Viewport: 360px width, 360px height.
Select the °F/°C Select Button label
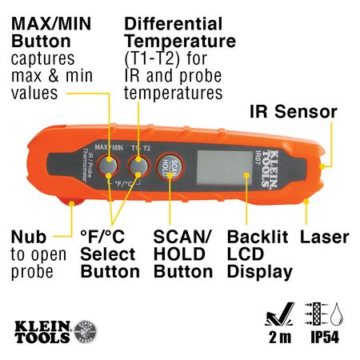(x=110, y=254)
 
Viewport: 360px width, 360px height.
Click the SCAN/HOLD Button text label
(x=182, y=254)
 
